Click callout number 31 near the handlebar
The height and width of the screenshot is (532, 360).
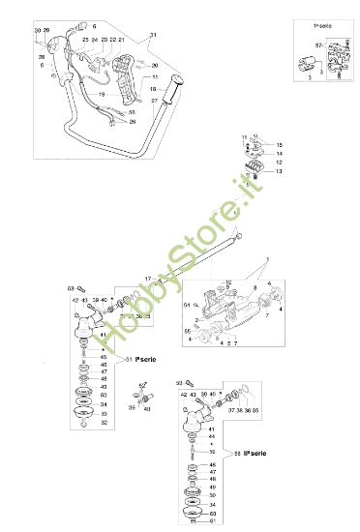pyautogui.click(x=152, y=36)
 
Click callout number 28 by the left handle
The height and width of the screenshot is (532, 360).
pyautogui.click(x=42, y=57)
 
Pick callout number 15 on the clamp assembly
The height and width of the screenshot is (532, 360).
pyautogui.click(x=279, y=144)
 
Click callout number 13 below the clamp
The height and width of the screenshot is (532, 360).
pyautogui.click(x=279, y=171)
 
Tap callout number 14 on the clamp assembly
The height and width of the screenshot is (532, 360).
pyautogui.click(x=279, y=154)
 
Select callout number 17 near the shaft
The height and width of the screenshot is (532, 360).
pyautogui.click(x=148, y=279)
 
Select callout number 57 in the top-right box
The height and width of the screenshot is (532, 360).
pyautogui.click(x=317, y=45)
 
